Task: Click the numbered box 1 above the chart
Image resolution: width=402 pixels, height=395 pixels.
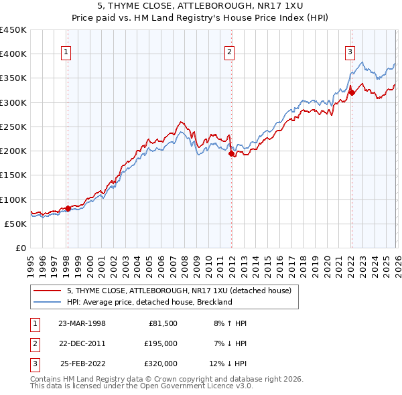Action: [x=67, y=54]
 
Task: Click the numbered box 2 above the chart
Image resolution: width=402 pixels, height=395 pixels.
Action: [x=229, y=54]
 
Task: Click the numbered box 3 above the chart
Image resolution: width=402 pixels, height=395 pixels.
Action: [x=350, y=54]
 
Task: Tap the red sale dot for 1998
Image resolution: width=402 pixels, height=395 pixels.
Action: [x=68, y=209]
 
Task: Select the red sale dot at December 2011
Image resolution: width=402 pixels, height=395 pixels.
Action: [x=231, y=154]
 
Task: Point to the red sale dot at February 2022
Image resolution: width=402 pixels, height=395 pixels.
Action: [x=351, y=93]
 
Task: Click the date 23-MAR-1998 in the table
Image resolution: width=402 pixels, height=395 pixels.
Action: [x=82, y=323]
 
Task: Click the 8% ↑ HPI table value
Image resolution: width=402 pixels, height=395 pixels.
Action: [x=230, y=323]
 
